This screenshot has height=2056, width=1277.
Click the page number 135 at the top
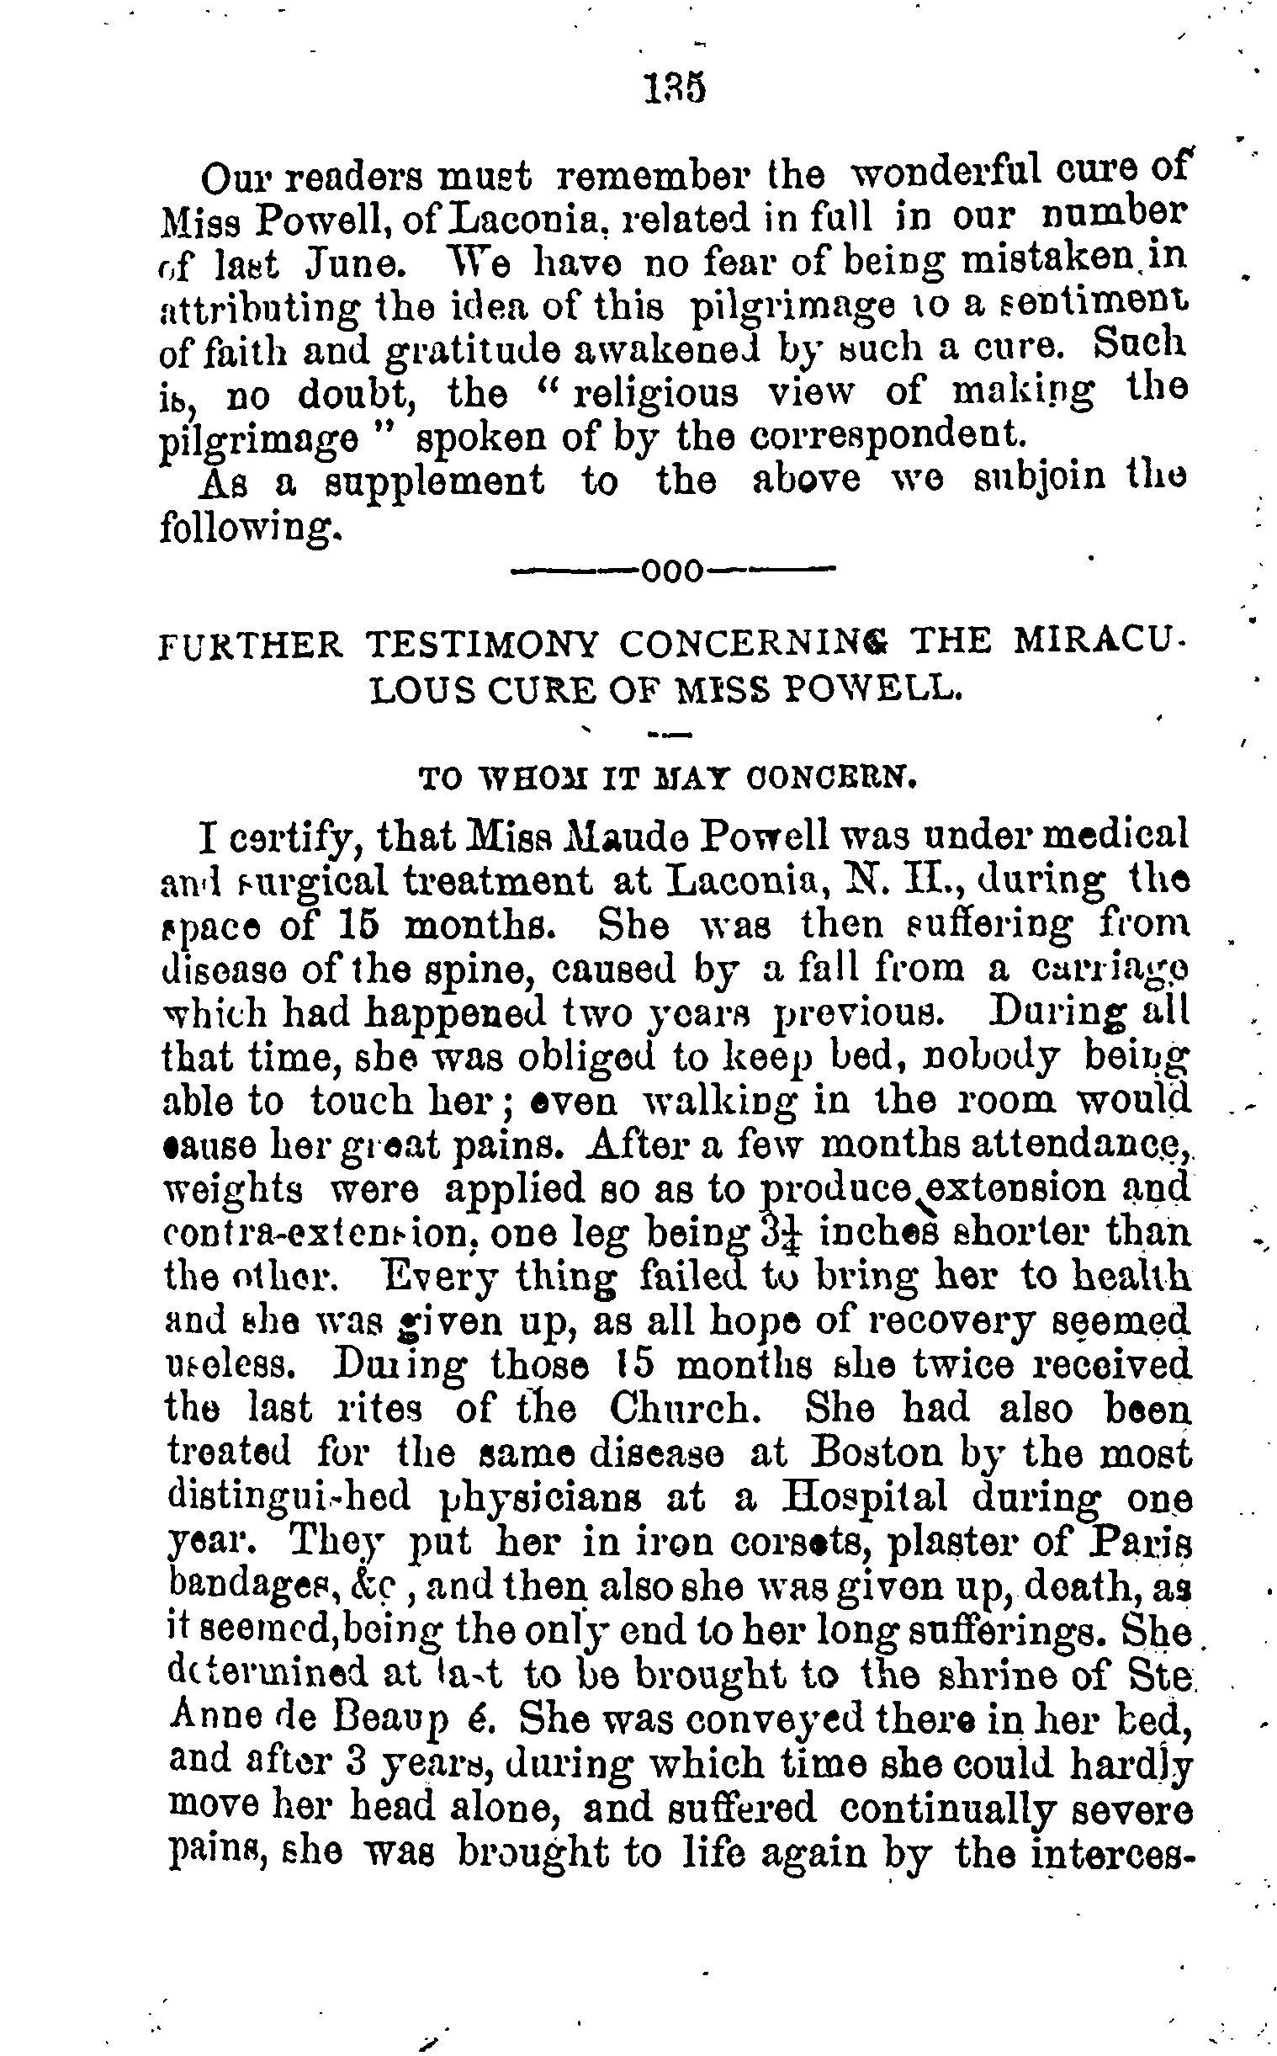tap(673, 88)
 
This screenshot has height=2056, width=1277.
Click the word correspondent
tap(887, 437)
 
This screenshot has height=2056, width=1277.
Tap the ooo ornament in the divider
tap(672, 573)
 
